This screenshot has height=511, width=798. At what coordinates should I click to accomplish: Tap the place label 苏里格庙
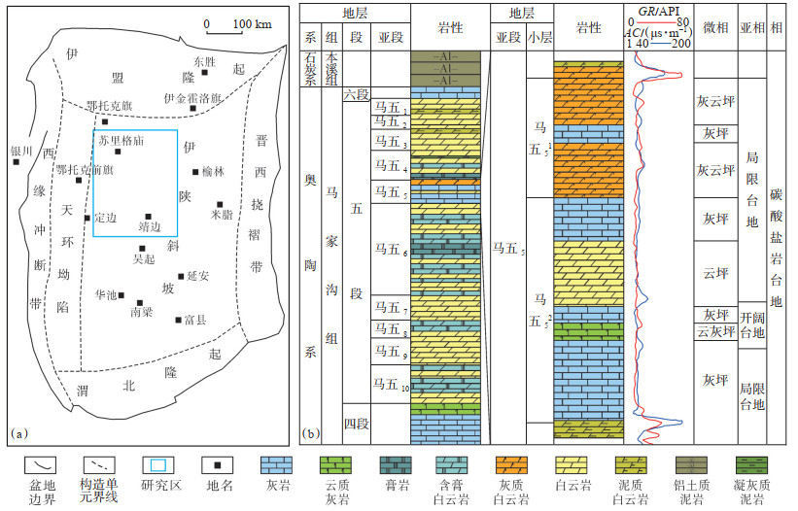pyautogui.click(x=121, y=140)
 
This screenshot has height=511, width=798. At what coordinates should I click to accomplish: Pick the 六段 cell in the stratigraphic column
pyautogui.click(x=357, y=95)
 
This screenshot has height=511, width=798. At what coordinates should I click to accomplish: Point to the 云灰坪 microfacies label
pyautogui.click(x=715, y=332)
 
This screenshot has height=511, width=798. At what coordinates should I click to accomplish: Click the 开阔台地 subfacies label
pyautogui.click(x=752, y=324)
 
